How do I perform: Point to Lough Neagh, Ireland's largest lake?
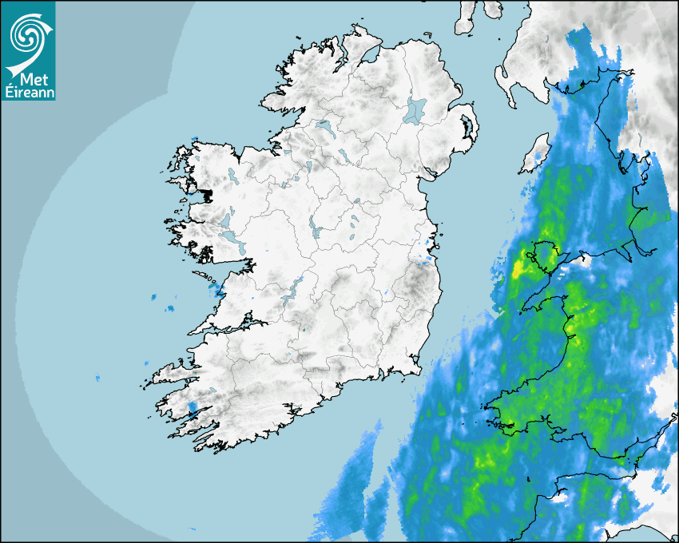[x=415, y=109]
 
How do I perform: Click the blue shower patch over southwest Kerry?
[x=192, y=408]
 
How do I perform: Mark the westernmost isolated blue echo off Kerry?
[x=98, y=377]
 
